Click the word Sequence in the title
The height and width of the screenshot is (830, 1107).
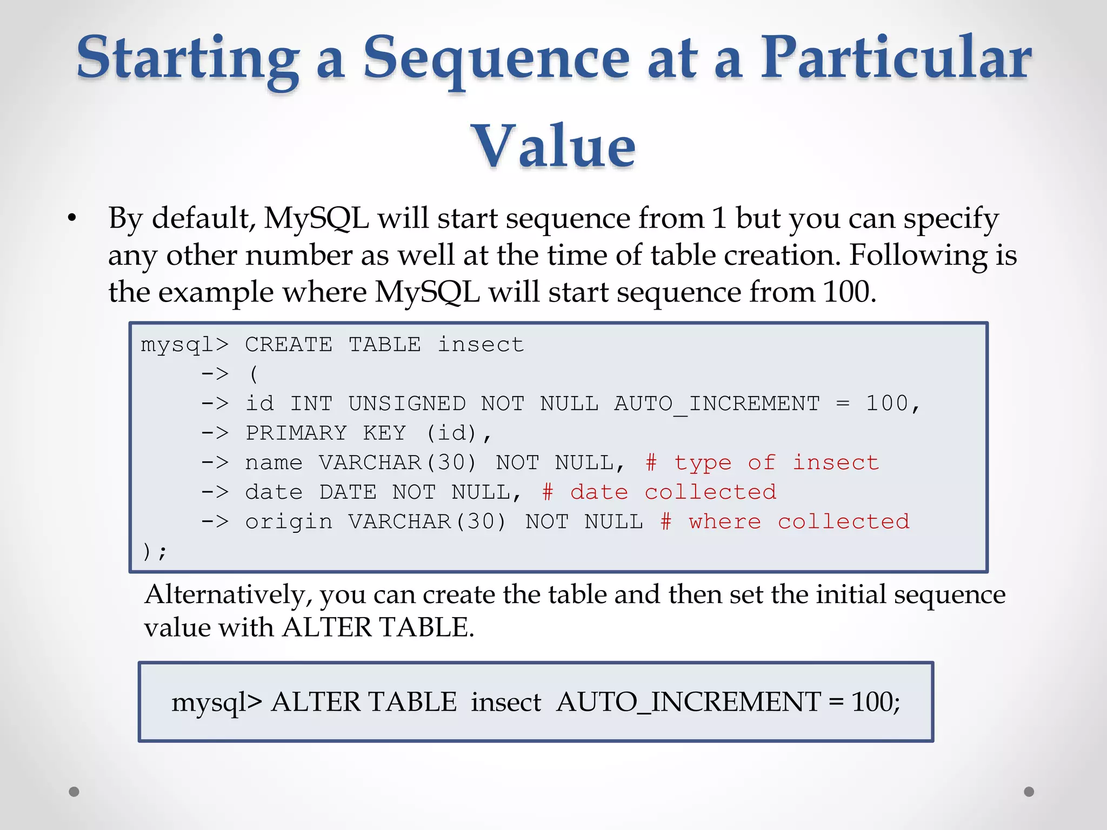(496, 58)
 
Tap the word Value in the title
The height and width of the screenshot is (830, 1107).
(553, 146)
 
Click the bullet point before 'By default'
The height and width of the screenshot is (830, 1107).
(72, 219)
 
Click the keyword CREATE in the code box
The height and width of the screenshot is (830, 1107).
(289, 345)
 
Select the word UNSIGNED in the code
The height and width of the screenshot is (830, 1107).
(407, 404)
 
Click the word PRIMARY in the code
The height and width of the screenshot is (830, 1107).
(296, 433)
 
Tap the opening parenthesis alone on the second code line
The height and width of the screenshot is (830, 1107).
(254, 374)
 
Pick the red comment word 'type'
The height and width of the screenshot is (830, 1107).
(703, 463)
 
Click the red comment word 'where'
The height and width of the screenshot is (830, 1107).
(725, 522)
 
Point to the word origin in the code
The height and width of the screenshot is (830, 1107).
(289, 522)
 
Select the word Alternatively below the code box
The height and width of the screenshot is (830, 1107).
(228, 594)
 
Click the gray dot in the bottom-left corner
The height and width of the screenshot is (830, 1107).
(74, 792)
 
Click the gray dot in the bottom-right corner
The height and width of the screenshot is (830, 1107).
(1029, 792)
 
